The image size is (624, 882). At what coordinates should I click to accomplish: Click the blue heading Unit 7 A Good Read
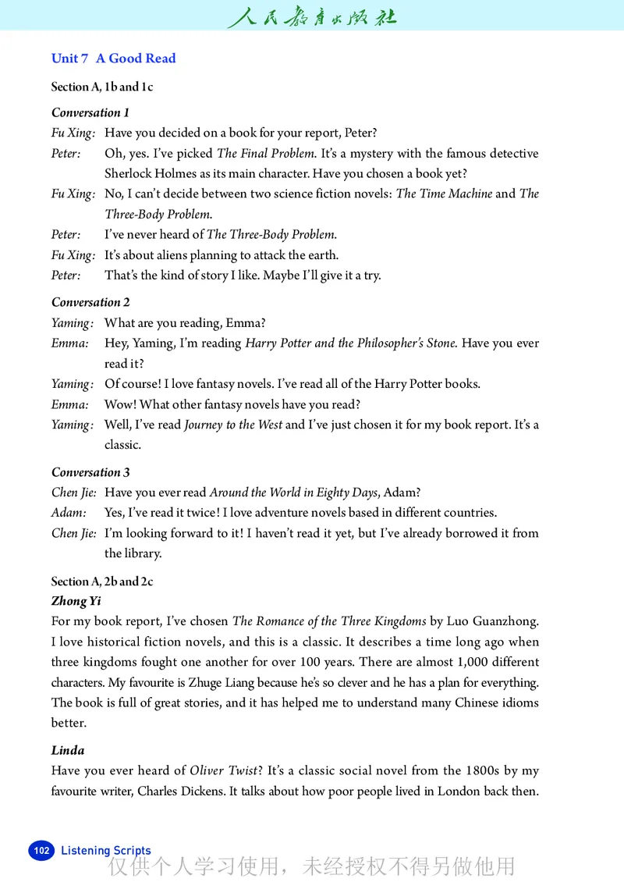point(113,59)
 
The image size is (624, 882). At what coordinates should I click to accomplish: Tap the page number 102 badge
point(41,850)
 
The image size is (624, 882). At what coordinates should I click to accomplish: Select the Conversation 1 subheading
point(90,112)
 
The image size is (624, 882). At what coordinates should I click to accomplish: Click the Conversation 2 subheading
point(90,302)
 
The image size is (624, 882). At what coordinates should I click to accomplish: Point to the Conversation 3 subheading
point(90,472)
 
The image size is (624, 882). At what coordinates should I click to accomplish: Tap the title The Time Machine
point(445,194)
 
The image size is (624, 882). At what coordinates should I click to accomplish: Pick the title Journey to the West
point(233,425)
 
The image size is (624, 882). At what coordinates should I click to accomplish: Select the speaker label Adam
point(68,513)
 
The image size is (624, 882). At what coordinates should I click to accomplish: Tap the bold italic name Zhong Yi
point(76,601)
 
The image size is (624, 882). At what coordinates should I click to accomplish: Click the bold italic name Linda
point(68,750)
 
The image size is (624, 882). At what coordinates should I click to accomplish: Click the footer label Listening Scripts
point(106,850)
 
